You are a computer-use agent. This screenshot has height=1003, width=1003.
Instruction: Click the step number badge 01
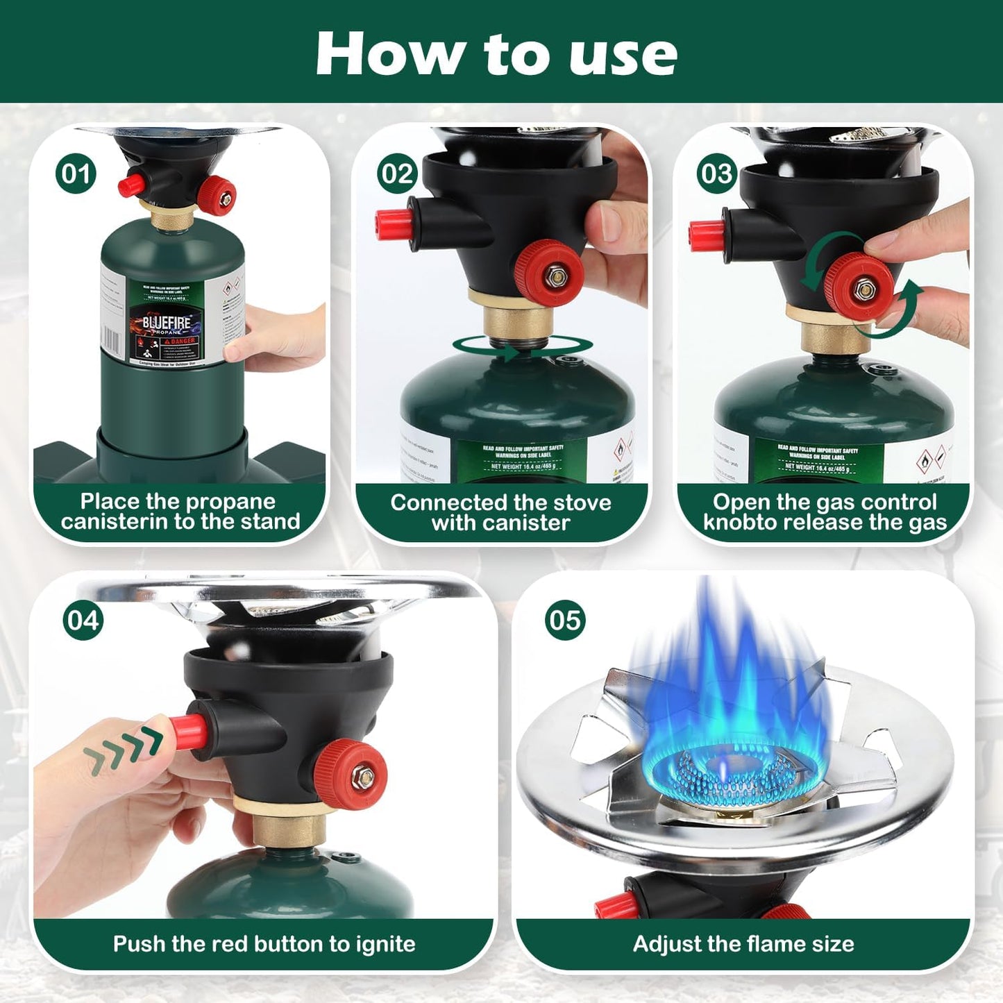point(76,174)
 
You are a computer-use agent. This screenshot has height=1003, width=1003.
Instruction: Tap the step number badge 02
point(397,174)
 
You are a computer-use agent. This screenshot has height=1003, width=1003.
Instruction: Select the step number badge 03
point(716,174)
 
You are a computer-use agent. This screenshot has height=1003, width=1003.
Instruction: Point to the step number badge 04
point(83,620)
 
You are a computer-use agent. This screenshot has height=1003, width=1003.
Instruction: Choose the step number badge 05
point(565,620)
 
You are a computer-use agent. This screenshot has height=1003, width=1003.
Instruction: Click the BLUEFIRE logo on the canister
point(167,323)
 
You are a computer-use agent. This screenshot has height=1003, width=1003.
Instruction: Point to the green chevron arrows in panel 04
point(124,752)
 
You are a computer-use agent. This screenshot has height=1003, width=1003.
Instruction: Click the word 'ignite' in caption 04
point(385,944)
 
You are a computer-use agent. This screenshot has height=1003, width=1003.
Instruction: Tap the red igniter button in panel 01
point(131,185)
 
